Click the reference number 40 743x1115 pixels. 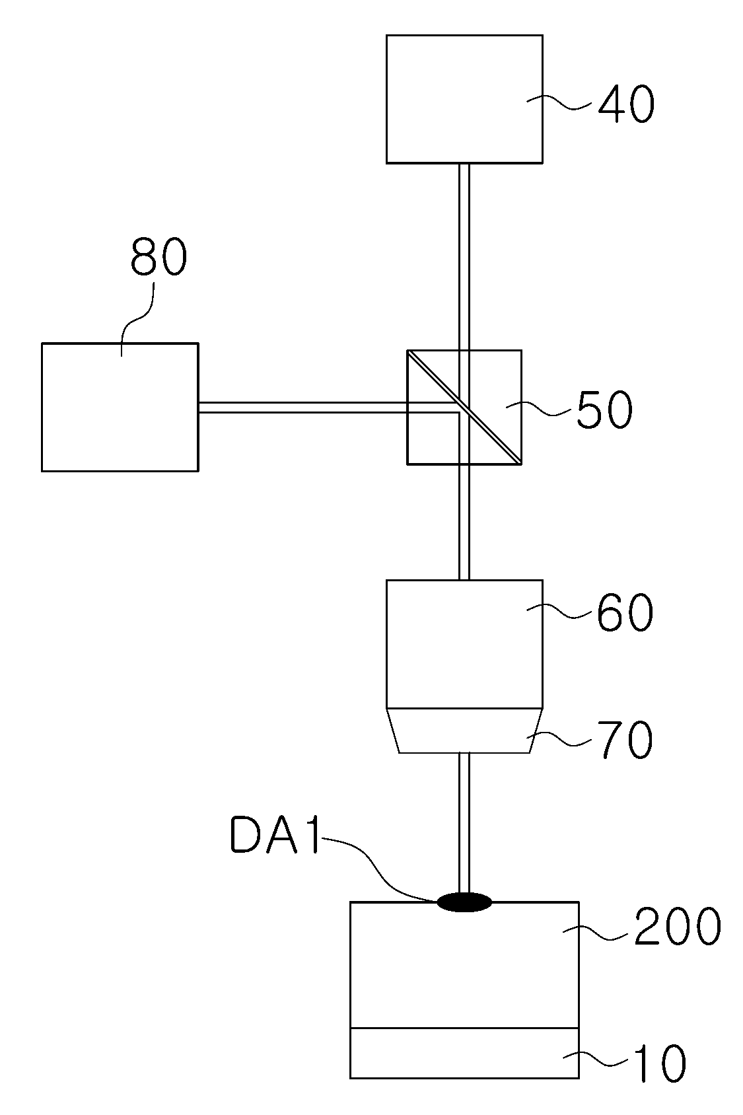(626, 104)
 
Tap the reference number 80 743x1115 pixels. (159, 256)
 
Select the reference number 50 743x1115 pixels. (605, 410)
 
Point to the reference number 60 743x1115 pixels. (625, 613)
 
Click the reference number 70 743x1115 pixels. (625, 740)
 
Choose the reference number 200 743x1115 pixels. (678, 926)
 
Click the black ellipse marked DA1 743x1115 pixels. (464, 902)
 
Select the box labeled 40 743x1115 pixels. (464, 99)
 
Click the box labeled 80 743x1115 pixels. (120, 407)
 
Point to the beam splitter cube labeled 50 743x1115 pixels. (464, 407)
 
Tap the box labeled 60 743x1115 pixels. (464, 644)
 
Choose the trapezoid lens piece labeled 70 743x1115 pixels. (464, 730)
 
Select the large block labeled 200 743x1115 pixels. (464, 964)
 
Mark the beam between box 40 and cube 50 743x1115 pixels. (464, 257)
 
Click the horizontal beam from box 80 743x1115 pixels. (302, 407)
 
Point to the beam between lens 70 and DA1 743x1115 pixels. (464, 823)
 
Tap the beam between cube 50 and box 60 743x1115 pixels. (464, 522)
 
